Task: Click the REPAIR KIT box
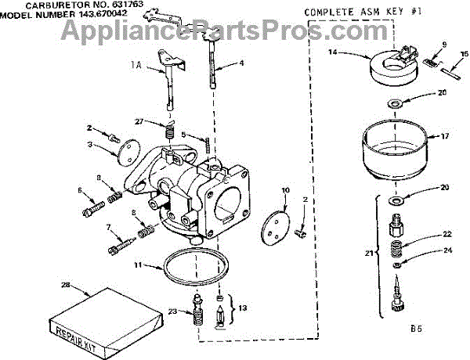click(86, 317)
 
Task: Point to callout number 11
click(137, 265)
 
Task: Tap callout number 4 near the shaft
click(241, 62)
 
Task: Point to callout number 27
click(139, 121)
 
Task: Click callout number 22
click(447, 234)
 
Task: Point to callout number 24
click(447, 251)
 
